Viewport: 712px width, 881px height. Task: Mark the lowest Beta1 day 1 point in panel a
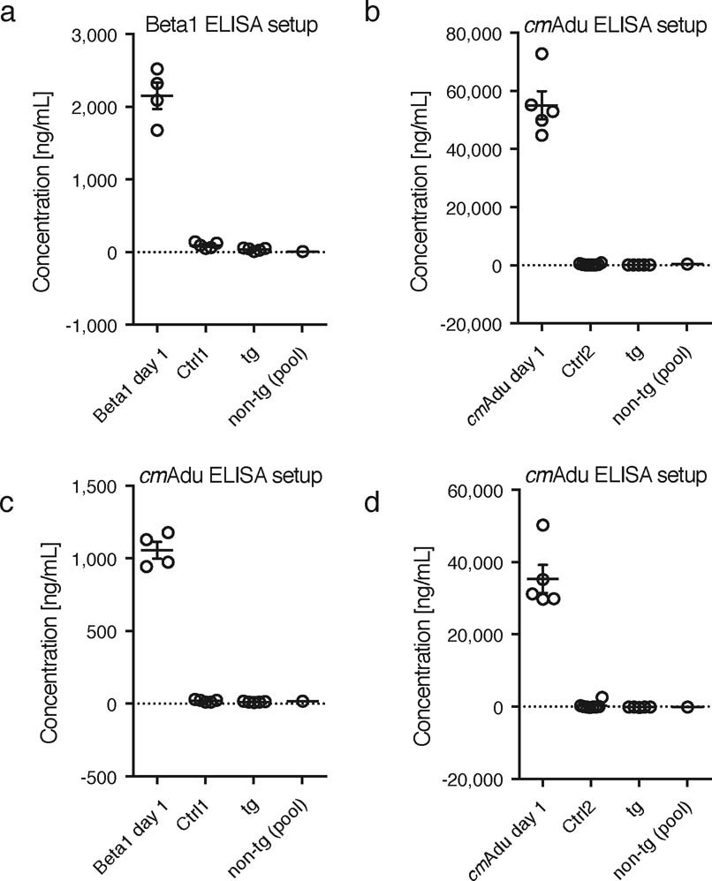tap(157, 131)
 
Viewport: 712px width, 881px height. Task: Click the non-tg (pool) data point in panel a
tap(303, 252)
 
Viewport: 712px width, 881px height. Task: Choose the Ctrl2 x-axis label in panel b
tap(574, 358)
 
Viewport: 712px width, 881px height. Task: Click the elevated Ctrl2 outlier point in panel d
tap(602, 697)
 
